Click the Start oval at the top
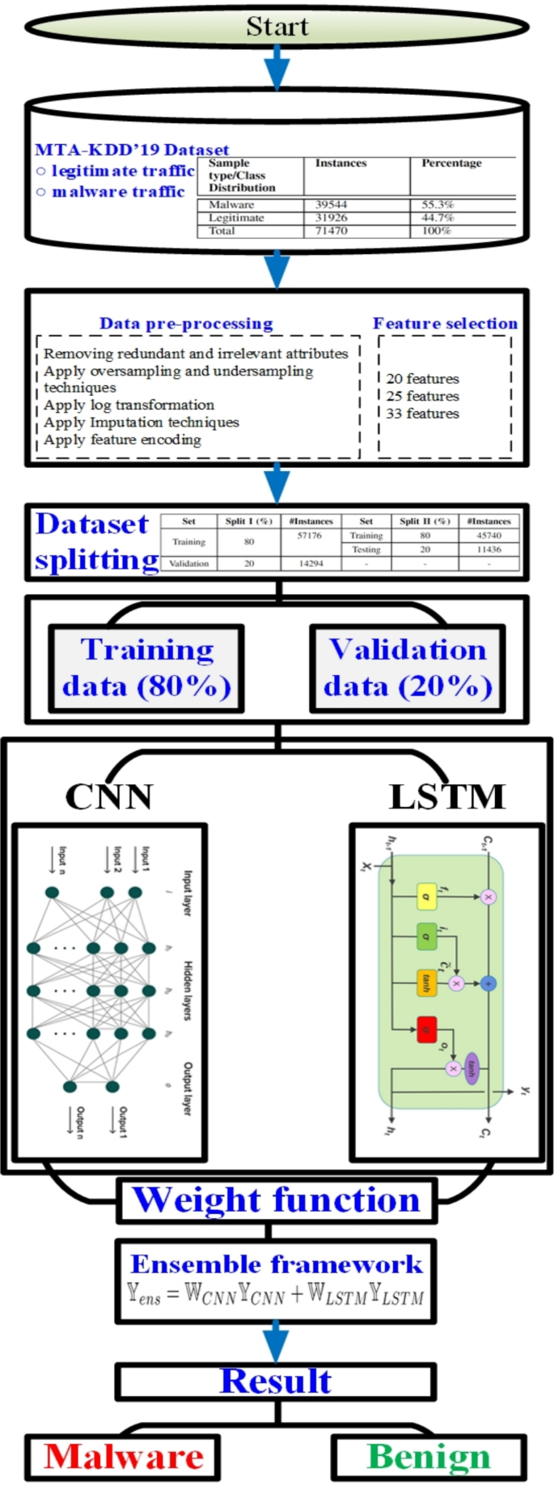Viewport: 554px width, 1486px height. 277,26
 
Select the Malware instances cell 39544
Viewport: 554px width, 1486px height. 331,205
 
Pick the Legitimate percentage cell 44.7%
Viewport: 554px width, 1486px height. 438,218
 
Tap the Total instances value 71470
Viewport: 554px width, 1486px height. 331,231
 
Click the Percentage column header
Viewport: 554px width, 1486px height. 451,163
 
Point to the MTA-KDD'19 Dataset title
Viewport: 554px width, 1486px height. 132,150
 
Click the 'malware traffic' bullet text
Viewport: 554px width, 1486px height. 118,192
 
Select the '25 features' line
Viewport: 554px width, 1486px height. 422,396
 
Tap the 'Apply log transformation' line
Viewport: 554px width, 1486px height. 129,405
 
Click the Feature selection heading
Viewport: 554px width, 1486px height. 445,324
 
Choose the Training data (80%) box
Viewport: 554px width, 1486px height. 146,669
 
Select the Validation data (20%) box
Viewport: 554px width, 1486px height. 408,669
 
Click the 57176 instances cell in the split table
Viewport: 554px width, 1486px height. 309,536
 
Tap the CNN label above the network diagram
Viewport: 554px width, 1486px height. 108,796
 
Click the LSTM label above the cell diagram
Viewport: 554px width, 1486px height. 446,796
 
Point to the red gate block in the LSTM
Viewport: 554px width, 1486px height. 426,1029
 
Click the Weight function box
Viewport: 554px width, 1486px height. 277,1199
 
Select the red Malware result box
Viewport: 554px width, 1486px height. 123,1457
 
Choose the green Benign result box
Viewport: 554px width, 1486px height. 429,1457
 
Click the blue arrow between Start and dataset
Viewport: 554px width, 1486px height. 277,66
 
